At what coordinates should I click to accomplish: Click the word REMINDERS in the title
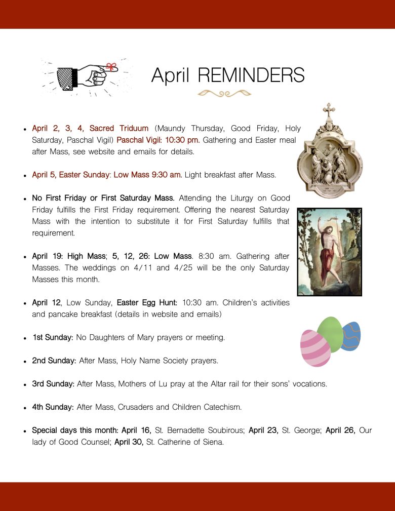(251, 75)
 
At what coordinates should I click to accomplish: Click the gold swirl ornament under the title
(224, 93)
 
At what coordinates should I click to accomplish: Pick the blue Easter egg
(352, 336)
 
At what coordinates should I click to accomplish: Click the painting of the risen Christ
(329, 251)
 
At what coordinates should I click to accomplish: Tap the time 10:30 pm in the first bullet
(183, 140)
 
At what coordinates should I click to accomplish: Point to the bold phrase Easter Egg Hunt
(147, 302)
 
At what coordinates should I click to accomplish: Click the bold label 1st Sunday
(53, 337)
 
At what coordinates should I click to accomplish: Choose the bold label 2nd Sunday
(54, 361)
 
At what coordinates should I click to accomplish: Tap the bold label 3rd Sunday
(53, 384)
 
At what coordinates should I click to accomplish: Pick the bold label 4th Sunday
(53, 407)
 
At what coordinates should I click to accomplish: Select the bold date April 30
(129, 442)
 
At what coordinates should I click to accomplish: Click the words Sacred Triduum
(119, 128)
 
